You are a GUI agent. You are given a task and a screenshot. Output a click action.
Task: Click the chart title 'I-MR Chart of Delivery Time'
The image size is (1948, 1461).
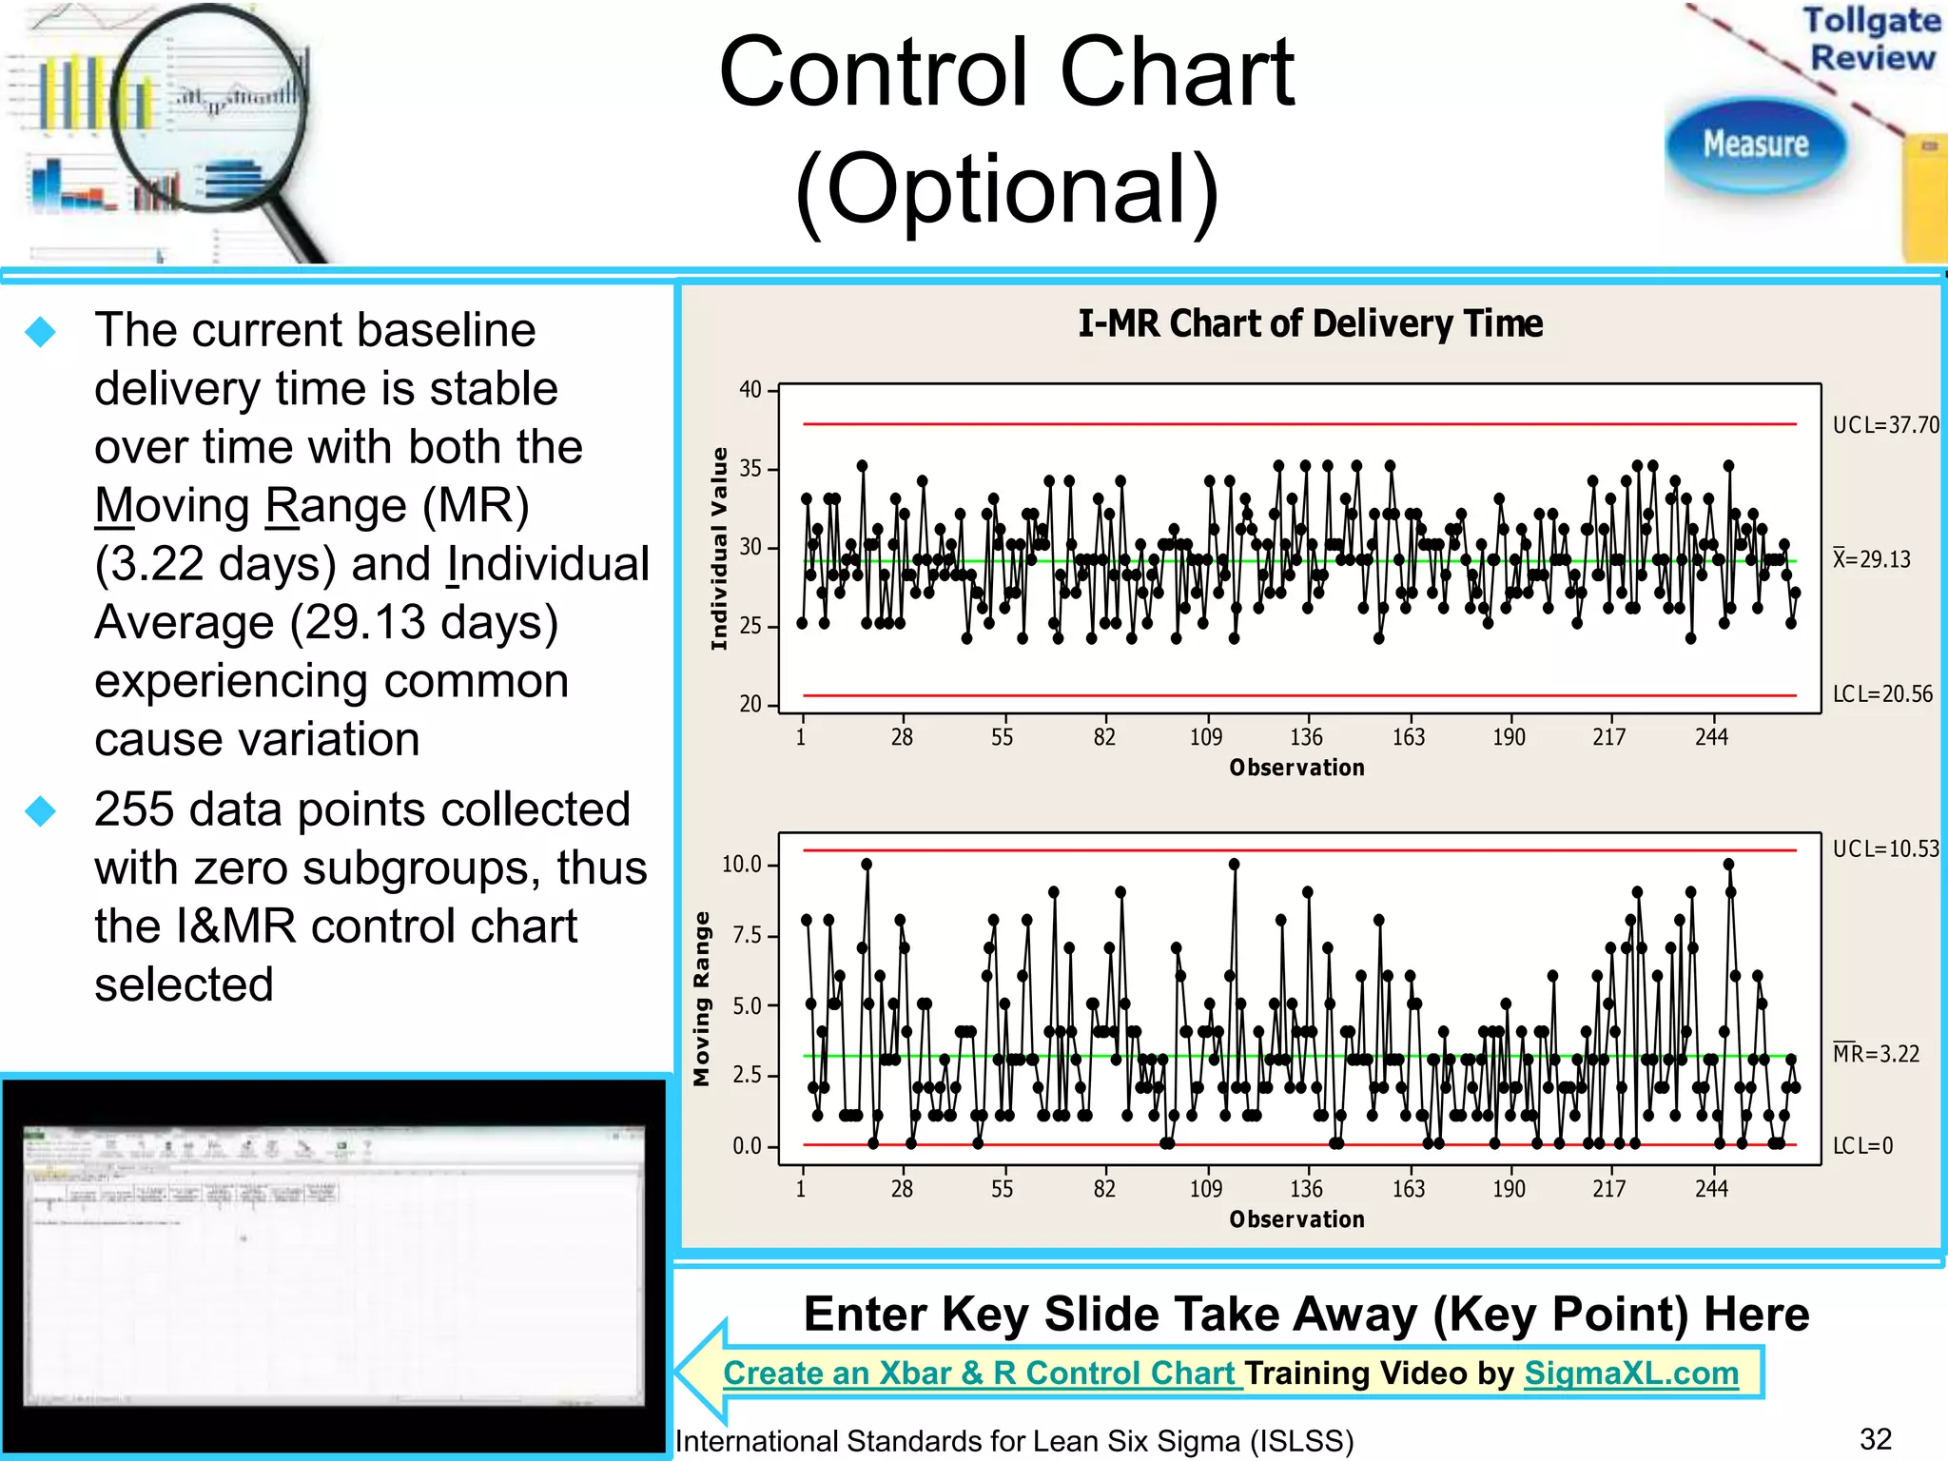1310,324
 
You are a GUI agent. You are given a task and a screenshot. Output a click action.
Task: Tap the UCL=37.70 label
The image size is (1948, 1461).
1885,425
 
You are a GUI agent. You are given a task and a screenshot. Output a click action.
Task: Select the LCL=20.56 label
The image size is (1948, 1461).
1882,694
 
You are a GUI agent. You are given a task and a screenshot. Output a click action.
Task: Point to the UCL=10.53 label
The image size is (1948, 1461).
1885,848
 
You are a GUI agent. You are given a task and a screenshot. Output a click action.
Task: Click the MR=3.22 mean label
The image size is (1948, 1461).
1876,1054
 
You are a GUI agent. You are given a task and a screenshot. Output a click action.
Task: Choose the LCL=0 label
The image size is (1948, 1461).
1862,1146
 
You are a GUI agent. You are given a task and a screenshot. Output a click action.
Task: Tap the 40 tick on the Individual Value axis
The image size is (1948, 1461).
750,390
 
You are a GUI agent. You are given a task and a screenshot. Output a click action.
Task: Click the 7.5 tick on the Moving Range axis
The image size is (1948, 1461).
747,936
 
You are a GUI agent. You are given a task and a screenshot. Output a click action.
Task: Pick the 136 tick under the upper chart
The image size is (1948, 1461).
1306,738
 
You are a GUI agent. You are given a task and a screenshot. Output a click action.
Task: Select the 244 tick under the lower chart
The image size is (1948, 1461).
1711,1189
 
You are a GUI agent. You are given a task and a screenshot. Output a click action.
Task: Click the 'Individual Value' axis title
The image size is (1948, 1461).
719,549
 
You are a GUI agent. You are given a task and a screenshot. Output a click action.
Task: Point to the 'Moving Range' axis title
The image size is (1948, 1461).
702,999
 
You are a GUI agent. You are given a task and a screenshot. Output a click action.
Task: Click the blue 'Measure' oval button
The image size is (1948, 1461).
1755,145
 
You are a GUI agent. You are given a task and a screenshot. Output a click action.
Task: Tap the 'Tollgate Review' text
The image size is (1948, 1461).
1872,38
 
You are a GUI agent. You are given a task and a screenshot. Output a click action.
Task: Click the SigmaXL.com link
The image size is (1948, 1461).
1631,1373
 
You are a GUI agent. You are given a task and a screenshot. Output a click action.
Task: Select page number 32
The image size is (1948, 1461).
1876,1439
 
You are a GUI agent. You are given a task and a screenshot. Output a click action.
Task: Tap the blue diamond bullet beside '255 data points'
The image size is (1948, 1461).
41,811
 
